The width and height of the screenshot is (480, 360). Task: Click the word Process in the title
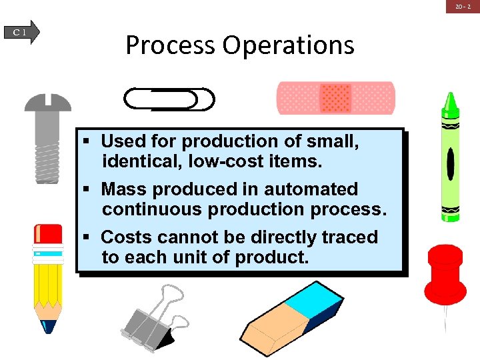(170, 45)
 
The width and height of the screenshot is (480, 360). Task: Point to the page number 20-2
(464, 6)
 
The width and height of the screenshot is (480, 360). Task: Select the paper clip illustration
(169, 99)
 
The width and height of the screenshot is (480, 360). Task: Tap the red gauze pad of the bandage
(335, 98)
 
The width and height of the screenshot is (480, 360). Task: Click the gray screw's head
(47, 103)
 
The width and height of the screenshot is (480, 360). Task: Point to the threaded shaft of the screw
(47, 157)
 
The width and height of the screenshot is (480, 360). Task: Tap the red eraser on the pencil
(48, 235)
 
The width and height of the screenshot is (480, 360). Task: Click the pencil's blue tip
(49, 326)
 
